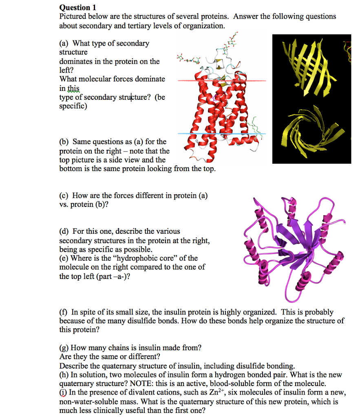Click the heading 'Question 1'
75,7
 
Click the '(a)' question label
64,43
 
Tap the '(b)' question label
64,142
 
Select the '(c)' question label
64,195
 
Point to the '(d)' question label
64,231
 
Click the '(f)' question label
64,312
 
